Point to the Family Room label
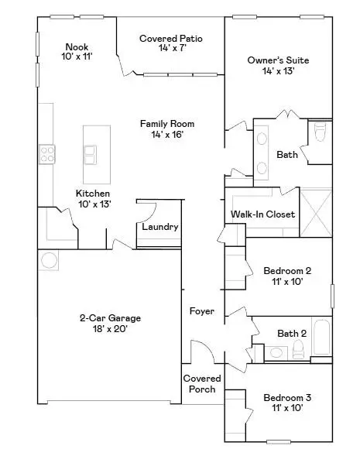point(166,123)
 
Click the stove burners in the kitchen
point(47,154)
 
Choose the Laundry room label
point(160,227)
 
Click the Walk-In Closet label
point(262,214)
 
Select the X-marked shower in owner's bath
point(316,211)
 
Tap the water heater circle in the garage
point(48,259)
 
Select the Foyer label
point(202,311)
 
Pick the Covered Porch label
point(202,383)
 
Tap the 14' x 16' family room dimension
point(166,135)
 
